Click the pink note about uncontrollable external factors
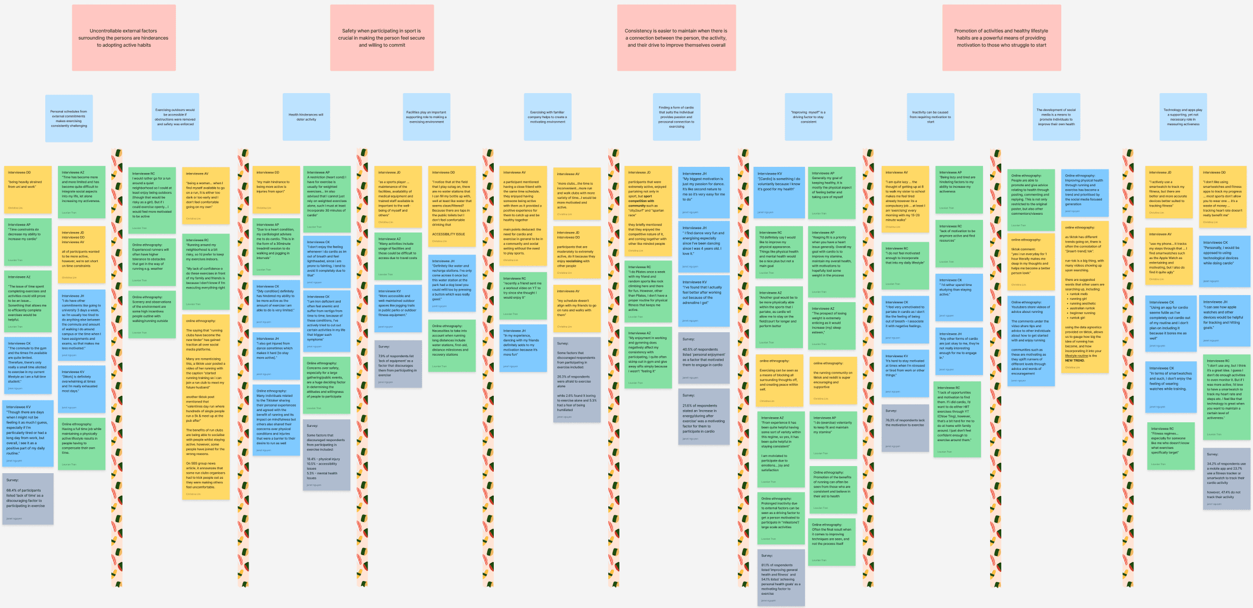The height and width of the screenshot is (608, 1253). click(x=124, y=38)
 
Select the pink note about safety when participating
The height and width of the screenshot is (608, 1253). click(x=381, y=38)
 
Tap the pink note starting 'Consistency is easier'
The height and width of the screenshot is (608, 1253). click(x=676, y=38)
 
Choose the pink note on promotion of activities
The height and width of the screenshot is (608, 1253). click(x=1001, y=38)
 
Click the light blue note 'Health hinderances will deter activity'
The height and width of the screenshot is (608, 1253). click(x=306, y=117)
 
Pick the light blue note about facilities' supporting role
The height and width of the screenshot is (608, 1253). click(x=426, y=117)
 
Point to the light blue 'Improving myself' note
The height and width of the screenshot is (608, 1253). click(x=808, y=117)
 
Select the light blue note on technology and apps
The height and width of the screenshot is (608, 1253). click(x=1183, y=117)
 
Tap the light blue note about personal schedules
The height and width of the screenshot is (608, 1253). click(x=69, y=119)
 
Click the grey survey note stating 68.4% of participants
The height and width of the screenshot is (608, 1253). click(x=27, y=499)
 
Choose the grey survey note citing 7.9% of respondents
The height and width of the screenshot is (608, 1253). click(x=398, y=364)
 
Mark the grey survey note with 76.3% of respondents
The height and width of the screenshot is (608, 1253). click(x=905, y=428)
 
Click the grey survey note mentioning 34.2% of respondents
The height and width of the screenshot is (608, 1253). click(x=1226, y=478)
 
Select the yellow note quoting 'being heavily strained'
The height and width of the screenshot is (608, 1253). click(x=28, y=189)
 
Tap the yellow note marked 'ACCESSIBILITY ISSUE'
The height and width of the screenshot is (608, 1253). click(x=451, y=206)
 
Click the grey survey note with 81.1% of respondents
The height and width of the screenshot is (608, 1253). click(x=781, y=577)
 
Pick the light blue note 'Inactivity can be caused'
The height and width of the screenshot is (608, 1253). click(x=930, y=117)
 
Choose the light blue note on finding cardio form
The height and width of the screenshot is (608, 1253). click(x=676, y=117)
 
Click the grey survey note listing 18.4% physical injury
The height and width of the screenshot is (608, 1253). click(x=326, y=455)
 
